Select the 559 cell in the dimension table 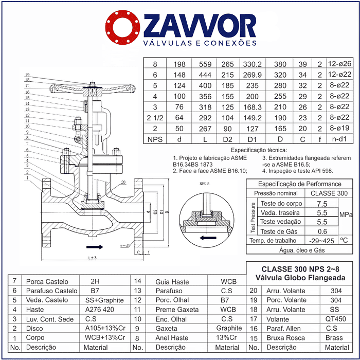[x=205, y=64]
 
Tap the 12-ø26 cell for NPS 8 [x=339, y=64]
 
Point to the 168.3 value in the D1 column [x=252, y=107]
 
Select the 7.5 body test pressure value [x=322, y=203]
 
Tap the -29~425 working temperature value [x=322, y=240]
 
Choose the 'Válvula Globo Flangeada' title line [x=300, y=278]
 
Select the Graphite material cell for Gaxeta [x=228, y=328]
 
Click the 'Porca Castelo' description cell [x=46, y=281]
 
